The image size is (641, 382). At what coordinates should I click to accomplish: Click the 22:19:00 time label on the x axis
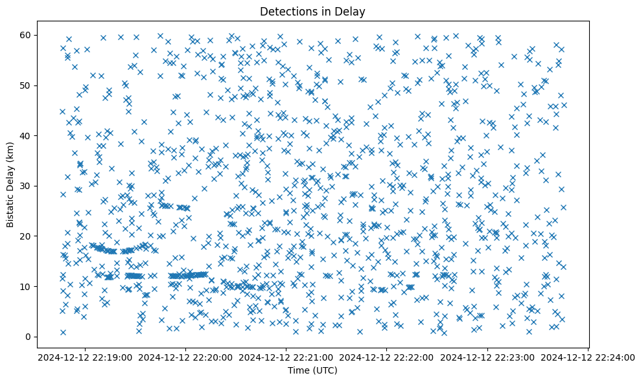click(x=86, y=357)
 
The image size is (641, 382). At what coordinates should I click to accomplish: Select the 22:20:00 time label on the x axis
click(x=186, y=357)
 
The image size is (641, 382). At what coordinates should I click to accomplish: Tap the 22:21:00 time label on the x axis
click(x=286, y=357)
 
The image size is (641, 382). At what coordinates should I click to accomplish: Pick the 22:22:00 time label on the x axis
click(x=387, y=357)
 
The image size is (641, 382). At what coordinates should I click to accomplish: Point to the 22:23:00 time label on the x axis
click(x=487, y=357)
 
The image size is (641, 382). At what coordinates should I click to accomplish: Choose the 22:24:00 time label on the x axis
click(x=588, y=357)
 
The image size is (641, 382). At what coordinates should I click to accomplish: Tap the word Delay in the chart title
click(x=350, y=11)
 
